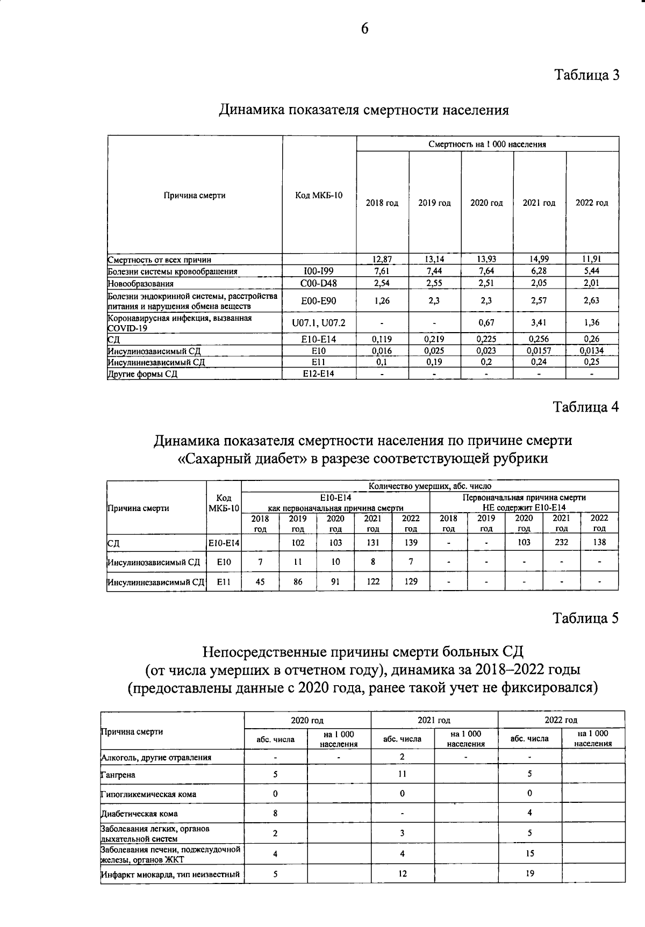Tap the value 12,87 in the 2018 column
pyautogui.click(x=382, y=260)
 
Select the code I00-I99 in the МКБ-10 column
pyautogui.click(x=319, y=271)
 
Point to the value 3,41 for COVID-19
pyautogui.click(x=539, y=323)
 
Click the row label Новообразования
pyautogui.click(x=141, y=283)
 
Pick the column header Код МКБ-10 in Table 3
pyautogui.click(x=319, y=195)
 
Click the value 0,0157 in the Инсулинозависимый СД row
pyautogui.click(x=539, y=350)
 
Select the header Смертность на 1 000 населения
pyautogui.click(x=487, y=144)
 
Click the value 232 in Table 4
pyautogui.click(x=561, y=542)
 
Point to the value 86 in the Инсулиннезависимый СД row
pyautogui.click(x=298, y=581)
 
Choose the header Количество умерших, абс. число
pyautogui.click(x=430, y=486)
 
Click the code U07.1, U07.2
pyautogui.click(x=319, y=323)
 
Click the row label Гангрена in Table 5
pyautogui.click(x=118, y=775)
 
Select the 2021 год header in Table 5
pyautogui.click(x=434, y=720)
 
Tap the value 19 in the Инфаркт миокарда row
pyautogui.click(x=529, y=874)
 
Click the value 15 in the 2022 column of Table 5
pyautogui.click(x=529, y=853)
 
